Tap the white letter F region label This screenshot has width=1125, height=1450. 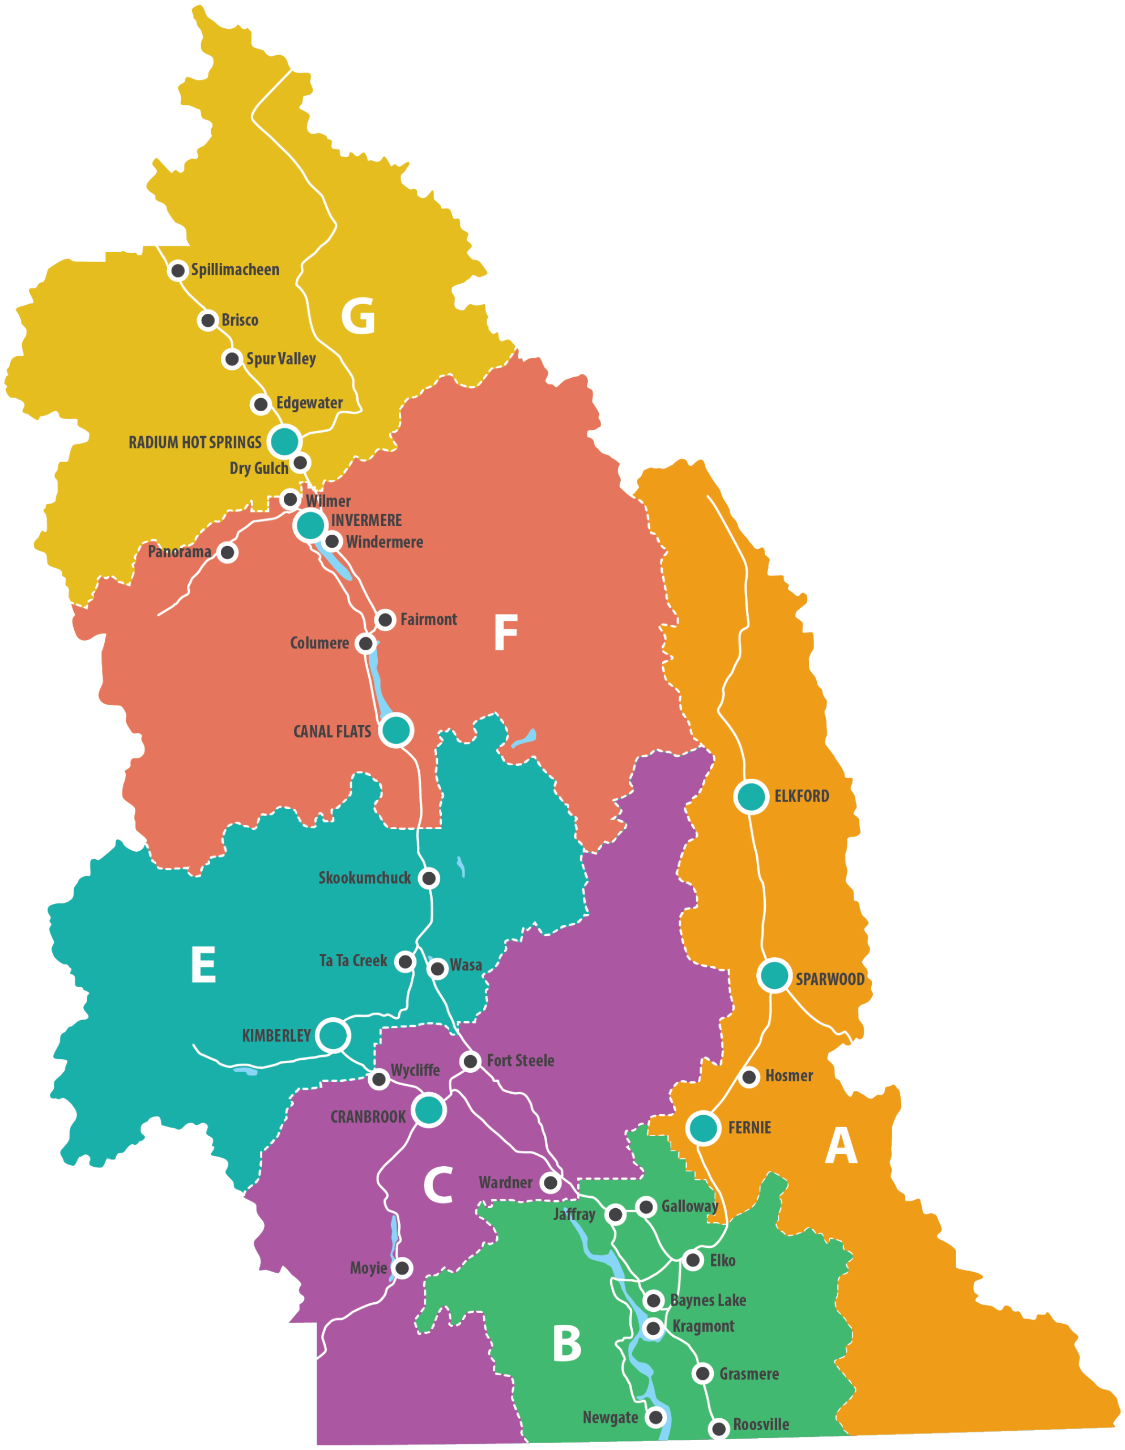tap(505, 633)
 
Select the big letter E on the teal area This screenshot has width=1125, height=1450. tap(203, 964)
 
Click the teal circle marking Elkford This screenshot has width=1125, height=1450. tap(752, 796)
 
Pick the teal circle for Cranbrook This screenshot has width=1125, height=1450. tap(429, 1109)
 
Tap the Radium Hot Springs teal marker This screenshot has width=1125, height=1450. tap(284, 441)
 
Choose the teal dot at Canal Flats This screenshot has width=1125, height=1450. tap(397, 730)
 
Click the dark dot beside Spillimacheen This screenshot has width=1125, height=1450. tap(178, 270)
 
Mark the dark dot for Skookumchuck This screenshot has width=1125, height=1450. tap(430, 878)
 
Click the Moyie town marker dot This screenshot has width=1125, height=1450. tap(402, 1268)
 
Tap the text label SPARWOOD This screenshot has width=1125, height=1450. tap(829, 979)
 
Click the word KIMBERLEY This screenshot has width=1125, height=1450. tap(276, 1036)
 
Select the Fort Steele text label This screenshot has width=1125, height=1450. tap(520, 1060)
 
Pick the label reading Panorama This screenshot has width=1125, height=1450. tap(180, 552)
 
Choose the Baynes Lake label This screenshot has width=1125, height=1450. tap(708, 1300)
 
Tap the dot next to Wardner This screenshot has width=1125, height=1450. tap(550, 1183)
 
